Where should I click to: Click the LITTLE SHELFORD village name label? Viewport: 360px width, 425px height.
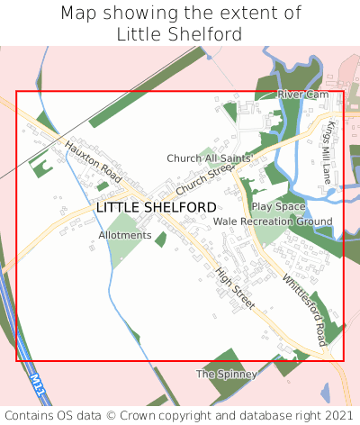click(x=156, y=207)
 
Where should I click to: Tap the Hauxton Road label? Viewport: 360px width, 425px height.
click(x=92, y=156)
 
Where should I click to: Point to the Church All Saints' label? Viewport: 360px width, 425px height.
click(x=209, y=158)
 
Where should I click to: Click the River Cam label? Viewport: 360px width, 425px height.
click(x=303, y=94)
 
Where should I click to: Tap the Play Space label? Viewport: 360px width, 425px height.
click(x=278, y=206)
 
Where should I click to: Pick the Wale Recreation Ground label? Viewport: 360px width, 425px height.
click(x=273, y=221)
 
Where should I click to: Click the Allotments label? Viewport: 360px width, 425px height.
click(x=125, y=235)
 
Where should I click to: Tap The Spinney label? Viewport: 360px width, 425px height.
click(x=227, y=374)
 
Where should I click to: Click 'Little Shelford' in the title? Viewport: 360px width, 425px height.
click(x=179, y=34)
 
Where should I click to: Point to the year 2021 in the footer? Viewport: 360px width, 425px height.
click(x=338, y=415)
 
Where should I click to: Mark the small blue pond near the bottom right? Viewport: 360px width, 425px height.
click(x=325, y=393)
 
